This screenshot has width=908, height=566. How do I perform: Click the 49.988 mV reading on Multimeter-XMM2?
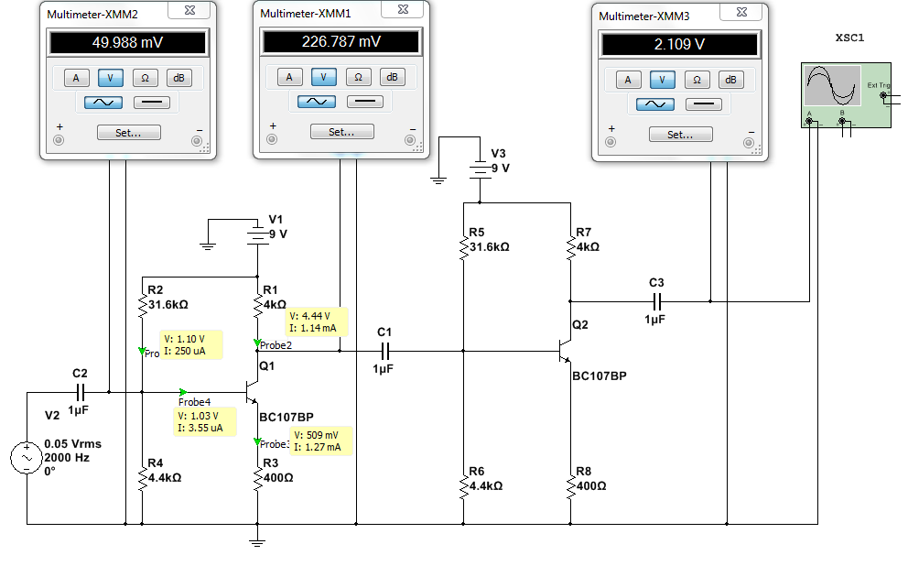click(128, 43)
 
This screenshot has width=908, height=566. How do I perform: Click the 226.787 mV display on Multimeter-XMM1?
click(340, 41)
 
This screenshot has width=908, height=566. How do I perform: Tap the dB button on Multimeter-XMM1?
click(392, 77)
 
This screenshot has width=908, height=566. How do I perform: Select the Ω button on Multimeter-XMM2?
click(145, 78)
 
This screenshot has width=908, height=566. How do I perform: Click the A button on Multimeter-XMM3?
click(628, 80)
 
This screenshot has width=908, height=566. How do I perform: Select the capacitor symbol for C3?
click(655, 299)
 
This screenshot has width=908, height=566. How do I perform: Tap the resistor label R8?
click(582, 472)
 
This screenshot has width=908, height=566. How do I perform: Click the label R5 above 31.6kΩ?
click(476, 233)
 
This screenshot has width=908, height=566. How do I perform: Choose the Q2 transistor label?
click(580, 325)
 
